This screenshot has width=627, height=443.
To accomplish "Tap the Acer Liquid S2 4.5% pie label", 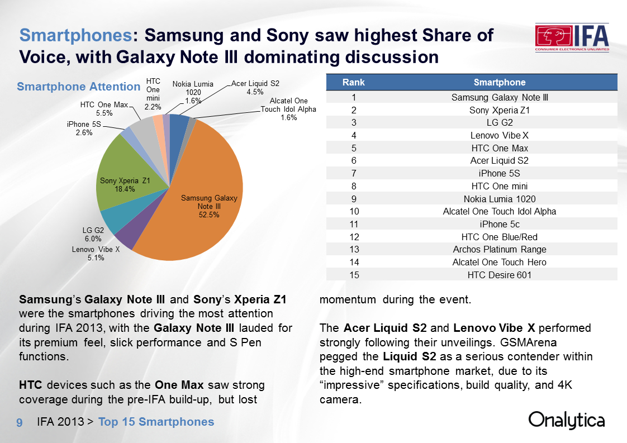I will pos(255,88).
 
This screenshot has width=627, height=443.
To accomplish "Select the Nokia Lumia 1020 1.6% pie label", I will pos(192,92).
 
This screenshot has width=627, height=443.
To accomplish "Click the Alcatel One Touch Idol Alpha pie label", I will pos(288,109).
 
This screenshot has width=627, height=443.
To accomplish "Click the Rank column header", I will pos(353,82).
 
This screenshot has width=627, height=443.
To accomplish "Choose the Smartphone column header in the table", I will pos(499,82).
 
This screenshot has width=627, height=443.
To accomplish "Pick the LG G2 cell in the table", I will pos(499,122).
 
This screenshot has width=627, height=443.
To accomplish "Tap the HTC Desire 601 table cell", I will pos(499,274).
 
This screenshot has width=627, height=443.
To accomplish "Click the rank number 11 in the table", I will pos(353,224).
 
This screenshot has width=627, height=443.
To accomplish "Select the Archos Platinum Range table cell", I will pos(499,249).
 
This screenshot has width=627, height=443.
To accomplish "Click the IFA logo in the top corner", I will pos(571,39).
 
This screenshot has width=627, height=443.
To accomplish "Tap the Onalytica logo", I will pos(566,421).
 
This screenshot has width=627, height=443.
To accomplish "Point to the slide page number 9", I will pos(19,422).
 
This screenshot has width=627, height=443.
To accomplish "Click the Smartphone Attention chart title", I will pos(78,87).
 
